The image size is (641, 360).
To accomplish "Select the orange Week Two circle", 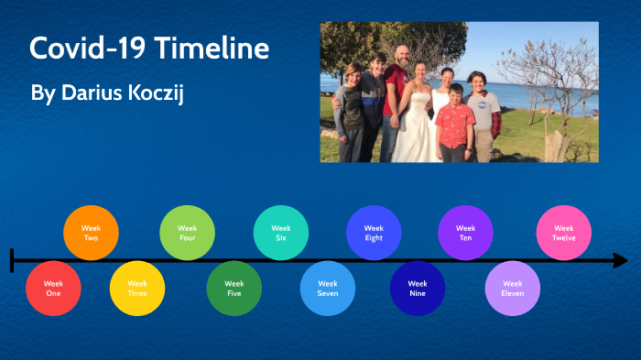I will coord(91,233).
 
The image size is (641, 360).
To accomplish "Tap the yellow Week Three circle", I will coord(137,288).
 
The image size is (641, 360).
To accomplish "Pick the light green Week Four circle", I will coord(188,233).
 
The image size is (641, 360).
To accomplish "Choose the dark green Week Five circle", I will coord(234,288).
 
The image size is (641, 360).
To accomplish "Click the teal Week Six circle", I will coord(281,233).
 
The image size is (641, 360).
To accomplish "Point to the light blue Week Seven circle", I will coord(328,288).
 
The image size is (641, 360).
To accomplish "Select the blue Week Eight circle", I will coord(374,233).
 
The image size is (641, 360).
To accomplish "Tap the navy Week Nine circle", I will coord(418,288).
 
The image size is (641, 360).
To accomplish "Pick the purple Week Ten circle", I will coord(466,233).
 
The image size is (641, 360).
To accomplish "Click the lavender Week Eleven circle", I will coord(513,288).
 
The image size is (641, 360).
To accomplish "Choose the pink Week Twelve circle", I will coord(564,233).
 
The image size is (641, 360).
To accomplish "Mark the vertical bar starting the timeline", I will coord(12,260).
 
